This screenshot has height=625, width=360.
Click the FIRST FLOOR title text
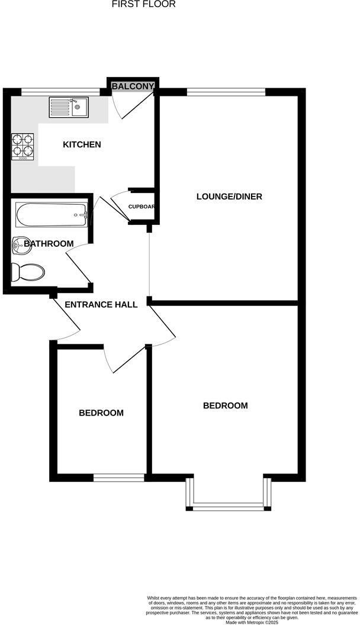[144, 4]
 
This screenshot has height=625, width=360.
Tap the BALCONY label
[133, 86]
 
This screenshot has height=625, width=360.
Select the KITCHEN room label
[82, 144]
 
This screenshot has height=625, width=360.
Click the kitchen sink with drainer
[69, 108]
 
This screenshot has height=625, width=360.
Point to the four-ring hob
[22, 146]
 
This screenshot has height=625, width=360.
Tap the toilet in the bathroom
[28, 272]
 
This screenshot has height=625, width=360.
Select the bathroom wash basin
[21, 243]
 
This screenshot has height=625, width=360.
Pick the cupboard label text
[142, 207]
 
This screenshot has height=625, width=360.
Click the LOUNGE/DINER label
[229, 196]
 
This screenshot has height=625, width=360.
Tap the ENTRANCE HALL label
[101, 305]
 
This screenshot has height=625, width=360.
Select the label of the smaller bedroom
[101, 413]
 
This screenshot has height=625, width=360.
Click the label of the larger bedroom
[225, 405]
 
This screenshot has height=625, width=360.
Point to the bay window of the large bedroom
[228, 506]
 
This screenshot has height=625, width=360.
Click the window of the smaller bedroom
[119, 477]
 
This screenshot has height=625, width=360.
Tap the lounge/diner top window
[226, 91]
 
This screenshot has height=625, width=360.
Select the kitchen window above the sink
[60, 91]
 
